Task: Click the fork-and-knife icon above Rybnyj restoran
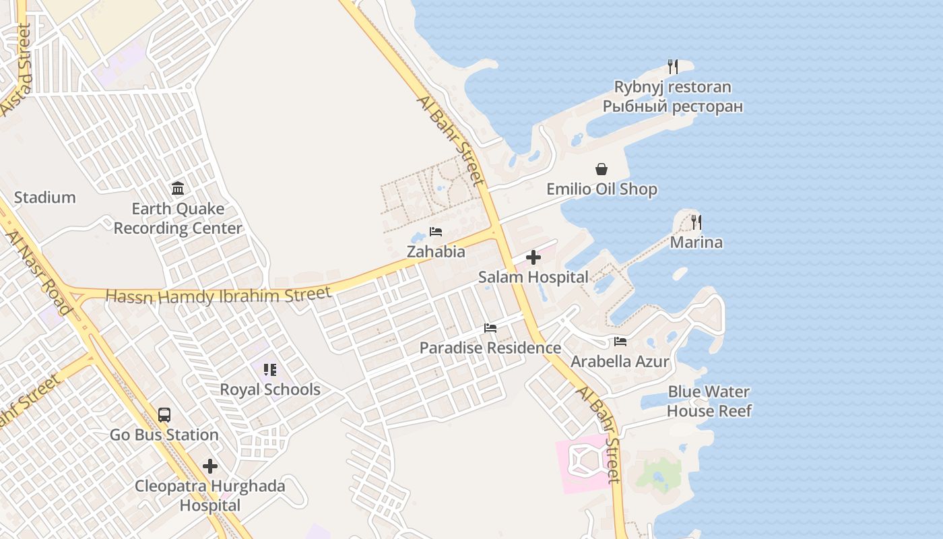672,66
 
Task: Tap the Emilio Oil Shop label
601,189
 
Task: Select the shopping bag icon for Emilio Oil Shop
601,169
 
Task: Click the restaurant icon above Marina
696,222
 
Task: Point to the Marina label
696,243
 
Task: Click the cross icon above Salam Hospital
533,257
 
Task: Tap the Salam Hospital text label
533,277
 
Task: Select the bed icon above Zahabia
436,232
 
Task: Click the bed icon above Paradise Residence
490,328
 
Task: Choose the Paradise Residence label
490,348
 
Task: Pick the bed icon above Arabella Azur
620,342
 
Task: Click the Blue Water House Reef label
709,401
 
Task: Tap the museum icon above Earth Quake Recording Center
178,188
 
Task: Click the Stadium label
45,197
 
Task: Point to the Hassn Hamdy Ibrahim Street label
218,295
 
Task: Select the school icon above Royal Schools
270,369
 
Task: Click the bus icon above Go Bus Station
164,414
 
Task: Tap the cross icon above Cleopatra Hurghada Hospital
210,466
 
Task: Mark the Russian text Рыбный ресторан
672,106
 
